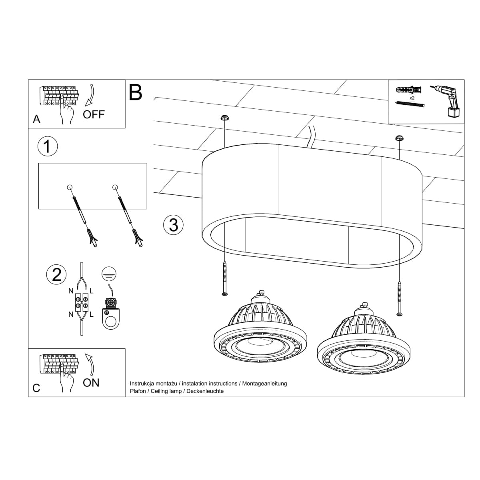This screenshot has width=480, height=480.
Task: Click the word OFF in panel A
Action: pyautogui.click(x=94, y=114)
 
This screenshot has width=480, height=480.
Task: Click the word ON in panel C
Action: pyautogui.click(x=91, y=383)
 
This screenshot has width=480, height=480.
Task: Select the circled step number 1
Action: pyautogui.click(x=47, y=146)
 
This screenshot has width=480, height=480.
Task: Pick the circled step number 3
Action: pyautogui.click(x=174, y=224)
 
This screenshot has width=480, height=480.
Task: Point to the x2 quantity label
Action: pyautogui.click(x=412, y=97)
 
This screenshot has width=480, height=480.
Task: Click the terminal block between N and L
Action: pyautogui.click(x=82, y=302)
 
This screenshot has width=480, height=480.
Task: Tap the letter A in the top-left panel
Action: pyautogui.click(x=37, y=119)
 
